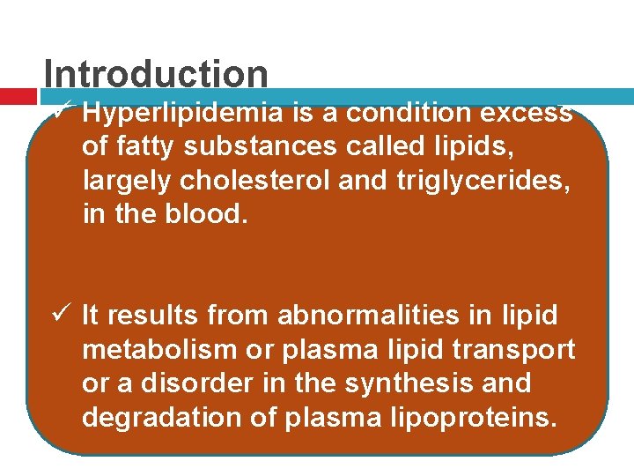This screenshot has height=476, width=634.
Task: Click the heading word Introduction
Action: pos(156,74)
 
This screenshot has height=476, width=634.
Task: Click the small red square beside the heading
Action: pos(17,95)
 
